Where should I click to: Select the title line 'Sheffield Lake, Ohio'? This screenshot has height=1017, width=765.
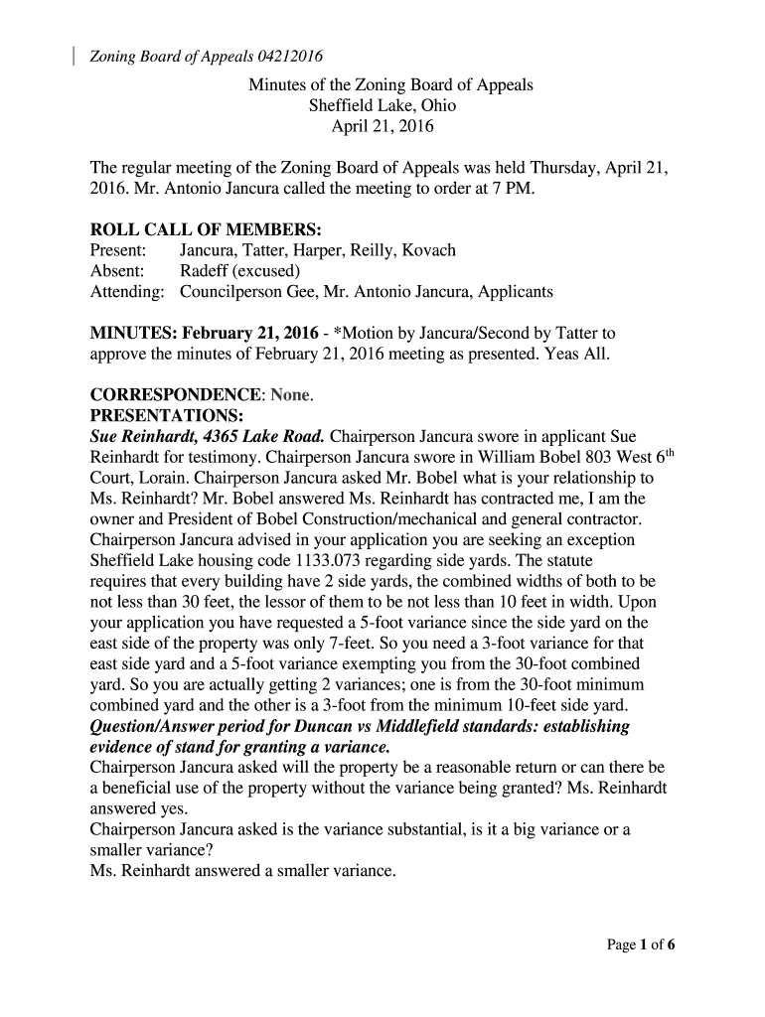tap(382, 106)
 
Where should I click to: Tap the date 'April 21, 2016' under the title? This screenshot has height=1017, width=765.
tap(382, 128)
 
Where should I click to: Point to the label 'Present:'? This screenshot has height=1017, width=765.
tap(119, 250)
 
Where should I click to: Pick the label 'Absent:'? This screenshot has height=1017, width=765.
tap(117, 271)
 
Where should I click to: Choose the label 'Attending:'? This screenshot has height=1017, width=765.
tap(127, 292)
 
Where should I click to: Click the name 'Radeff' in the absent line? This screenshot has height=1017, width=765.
tap(206, 271)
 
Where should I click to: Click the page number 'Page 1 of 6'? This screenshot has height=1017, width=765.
tap(641, 945)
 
